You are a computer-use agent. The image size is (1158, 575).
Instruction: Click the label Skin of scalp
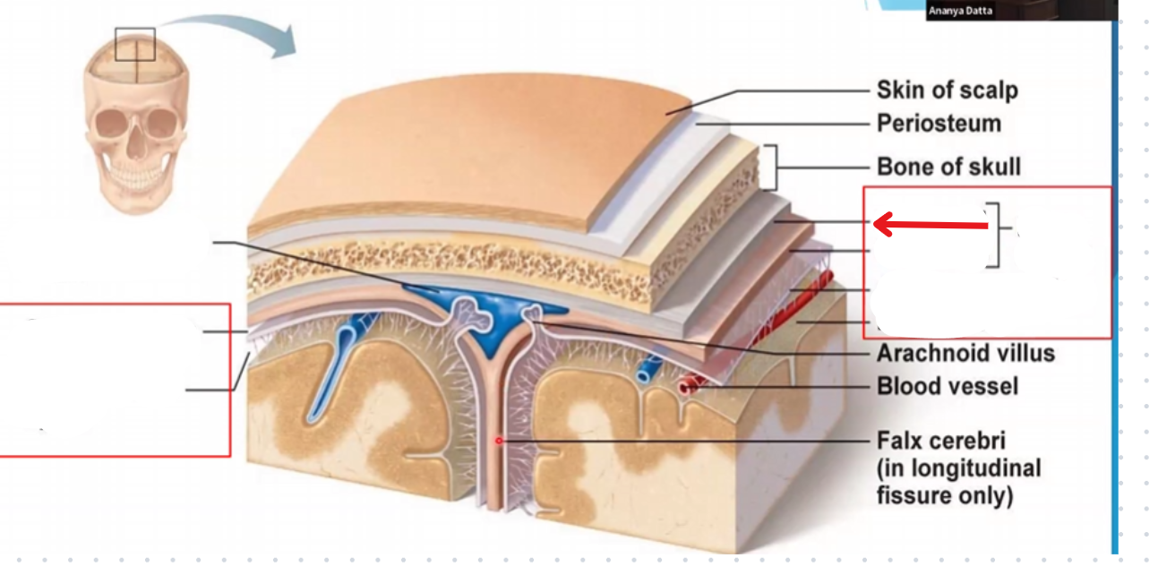[x=947, y=90]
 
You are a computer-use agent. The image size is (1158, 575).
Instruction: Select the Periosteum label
[x=939, y=124]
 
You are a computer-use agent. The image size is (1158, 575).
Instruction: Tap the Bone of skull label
[x=948, y=167]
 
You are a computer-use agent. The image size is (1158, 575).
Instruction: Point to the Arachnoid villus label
[x=965, y=353]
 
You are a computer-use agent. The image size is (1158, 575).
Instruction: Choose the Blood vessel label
[x=947, y=387]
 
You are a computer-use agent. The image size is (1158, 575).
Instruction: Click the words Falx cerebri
[x=941, y=442]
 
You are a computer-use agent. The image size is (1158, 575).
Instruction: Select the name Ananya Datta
[x=960, y=11]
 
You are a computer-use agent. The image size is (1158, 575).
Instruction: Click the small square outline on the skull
[x=135, y=44]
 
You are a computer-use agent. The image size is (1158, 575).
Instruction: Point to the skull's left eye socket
[x=115, y=122]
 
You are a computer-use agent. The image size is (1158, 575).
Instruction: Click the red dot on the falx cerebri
[x=499, y=441]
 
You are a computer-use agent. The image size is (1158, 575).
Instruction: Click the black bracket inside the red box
[x=994, y=236]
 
